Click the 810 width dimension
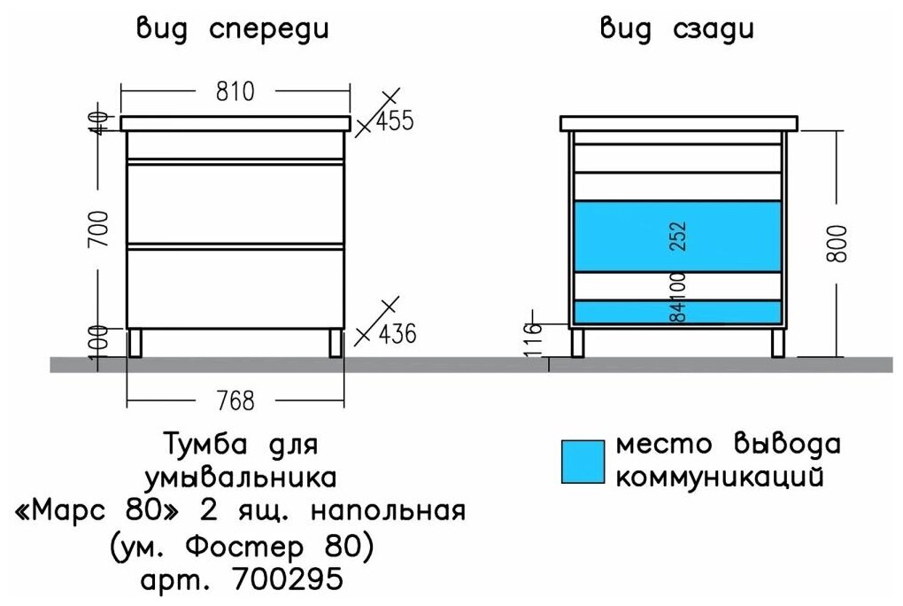pyautogui.click(x=235, y=90)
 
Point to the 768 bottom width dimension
pyautogui.click(x=235, y=401)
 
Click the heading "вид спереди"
pyautogui.click(x=233, y=29)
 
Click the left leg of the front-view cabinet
pyautogui.click(x=136, y=342)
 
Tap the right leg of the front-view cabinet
pyautogui.click(x=335, y=342)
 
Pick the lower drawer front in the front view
pyautogui.click(x=235, y=288)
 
